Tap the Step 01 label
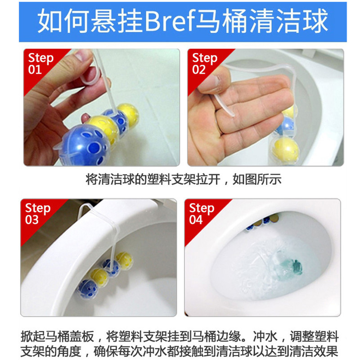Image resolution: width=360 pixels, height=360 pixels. [40, 63]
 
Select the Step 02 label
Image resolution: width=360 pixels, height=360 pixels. [204, 63]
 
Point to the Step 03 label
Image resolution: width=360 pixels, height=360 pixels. [37, 214]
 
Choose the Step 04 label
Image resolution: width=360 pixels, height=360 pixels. [201, 214]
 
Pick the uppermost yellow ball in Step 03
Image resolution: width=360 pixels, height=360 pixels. [124, 261]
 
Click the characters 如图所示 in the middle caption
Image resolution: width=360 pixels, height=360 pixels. [257, 179]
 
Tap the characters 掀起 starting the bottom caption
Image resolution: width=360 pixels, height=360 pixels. [32, 337]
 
